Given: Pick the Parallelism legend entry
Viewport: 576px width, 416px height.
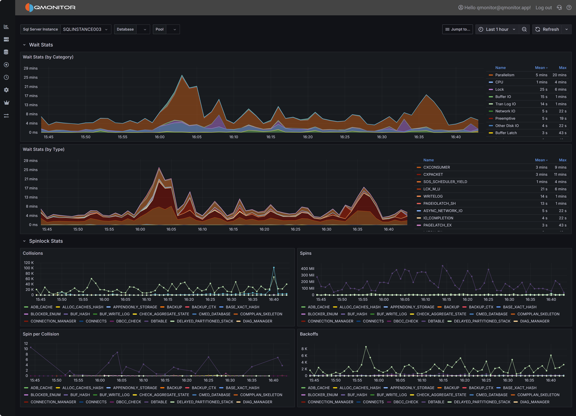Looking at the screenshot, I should tap(505, 75).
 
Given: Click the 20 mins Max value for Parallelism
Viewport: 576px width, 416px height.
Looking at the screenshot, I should tap(559, 75).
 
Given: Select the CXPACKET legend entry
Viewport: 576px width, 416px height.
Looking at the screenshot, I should tap(433, 174).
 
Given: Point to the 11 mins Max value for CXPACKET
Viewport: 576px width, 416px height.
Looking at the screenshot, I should tap(560, 174).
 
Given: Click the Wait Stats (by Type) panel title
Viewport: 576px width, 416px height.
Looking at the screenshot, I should tap(43, 149).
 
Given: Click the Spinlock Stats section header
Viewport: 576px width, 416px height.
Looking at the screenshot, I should tap(46, 241).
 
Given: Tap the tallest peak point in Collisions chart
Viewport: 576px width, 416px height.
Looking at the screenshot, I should tap(274, 267).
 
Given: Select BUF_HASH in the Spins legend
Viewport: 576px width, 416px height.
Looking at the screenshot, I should tap(357, 314).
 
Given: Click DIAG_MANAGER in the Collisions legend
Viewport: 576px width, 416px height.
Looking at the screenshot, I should tap(257, 321).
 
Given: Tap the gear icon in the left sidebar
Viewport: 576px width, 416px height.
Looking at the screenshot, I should tap(6, 90).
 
